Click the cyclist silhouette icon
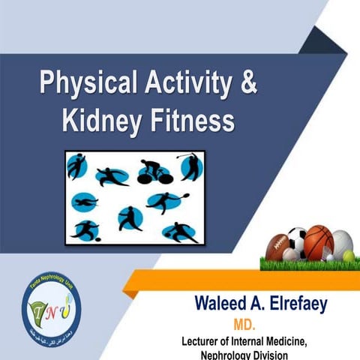pyautogui.click(x=154, y=171)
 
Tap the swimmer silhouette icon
pyautogui.click(x=84, y=202)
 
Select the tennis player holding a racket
pyautogui.click(x=166, y=201)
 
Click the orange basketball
pyautogui.click(x=318, y=240)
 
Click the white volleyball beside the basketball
pyautogui.click(x=341, y=242)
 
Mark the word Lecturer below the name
pyautogui.click(x=205, y=340)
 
